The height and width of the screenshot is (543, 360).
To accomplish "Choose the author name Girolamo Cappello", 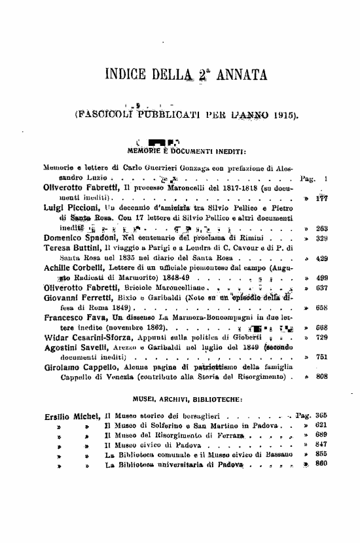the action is click(x=79, y=368).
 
